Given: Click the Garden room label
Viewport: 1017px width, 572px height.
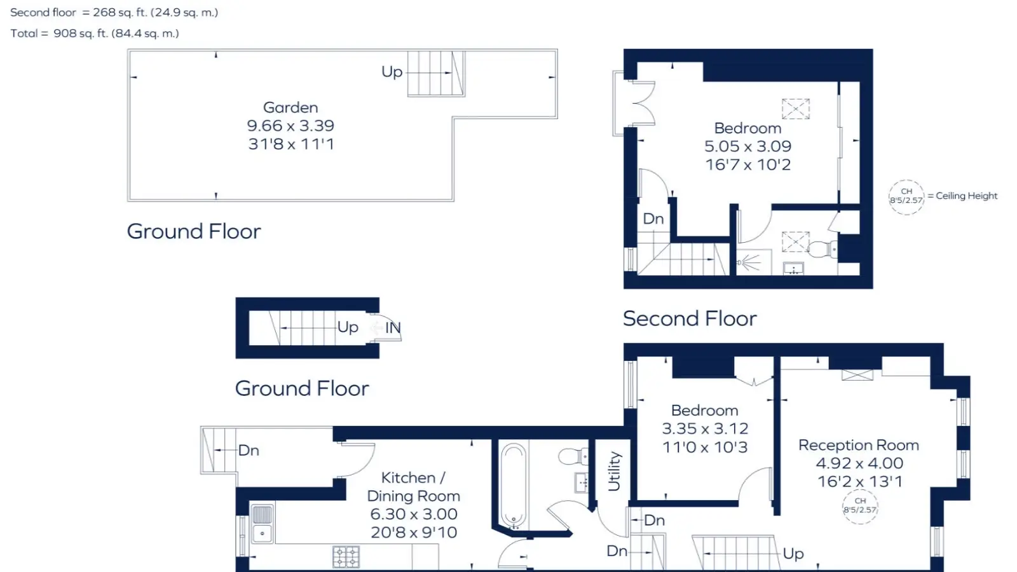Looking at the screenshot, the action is click(290, 107).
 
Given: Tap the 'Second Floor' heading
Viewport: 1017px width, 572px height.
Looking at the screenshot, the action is click(690, 318).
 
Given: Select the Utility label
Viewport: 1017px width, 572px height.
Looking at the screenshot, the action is click(614, 471).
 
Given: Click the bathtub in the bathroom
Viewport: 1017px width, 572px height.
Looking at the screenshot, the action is click(513, 486).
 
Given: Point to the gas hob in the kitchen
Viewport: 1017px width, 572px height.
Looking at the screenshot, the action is click(346, 557).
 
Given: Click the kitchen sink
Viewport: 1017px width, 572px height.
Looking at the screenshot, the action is click(262, 524).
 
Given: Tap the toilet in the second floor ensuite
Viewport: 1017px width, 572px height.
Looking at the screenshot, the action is click(822, 249).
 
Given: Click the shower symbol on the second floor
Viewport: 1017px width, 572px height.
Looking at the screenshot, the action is click(749, 262).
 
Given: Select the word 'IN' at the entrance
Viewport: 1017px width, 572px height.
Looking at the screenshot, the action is click(393, 328).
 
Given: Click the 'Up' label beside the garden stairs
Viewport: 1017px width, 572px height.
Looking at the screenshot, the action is click(392, 72).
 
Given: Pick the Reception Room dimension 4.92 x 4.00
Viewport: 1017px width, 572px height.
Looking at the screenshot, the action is click(859, 463).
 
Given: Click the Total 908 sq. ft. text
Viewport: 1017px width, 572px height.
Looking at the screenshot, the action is click(95, 34).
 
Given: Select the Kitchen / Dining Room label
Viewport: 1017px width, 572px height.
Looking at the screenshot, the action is click(413, 487).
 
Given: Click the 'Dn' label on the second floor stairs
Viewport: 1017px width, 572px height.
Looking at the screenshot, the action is click(653, 219).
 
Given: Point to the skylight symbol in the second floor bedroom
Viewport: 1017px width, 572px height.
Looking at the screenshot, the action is click(795, 109).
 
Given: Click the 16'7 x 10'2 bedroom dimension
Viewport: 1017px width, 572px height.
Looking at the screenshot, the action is click(747, 165).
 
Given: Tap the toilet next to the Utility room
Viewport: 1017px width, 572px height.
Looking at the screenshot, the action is click(573, 456).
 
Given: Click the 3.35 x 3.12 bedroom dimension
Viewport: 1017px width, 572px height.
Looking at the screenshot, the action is click(705, 428).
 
